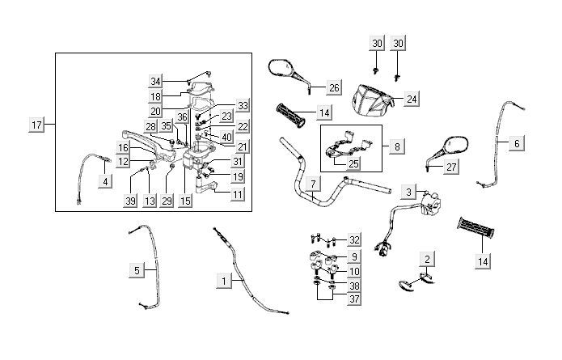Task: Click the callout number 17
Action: pyautogui.click(x=36, y=125)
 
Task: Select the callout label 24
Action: pyautogui.click(x=412, y=99)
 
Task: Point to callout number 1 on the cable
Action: pyautogui.click(x=222, y=281)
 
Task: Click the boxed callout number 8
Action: pyautogui.click(x=396, y=146)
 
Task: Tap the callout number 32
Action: pyautogui.click(x=354, y=239)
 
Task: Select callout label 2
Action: pyautogui.click(x=428, y=258)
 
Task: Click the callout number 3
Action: pyautogui.click(x=410, y=191)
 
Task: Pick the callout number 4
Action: pyautogui.click(x=106, y=182)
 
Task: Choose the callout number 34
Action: pyautogui.click(x=156, y=80)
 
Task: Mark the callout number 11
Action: pyautogui.click(x=238, y=195)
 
